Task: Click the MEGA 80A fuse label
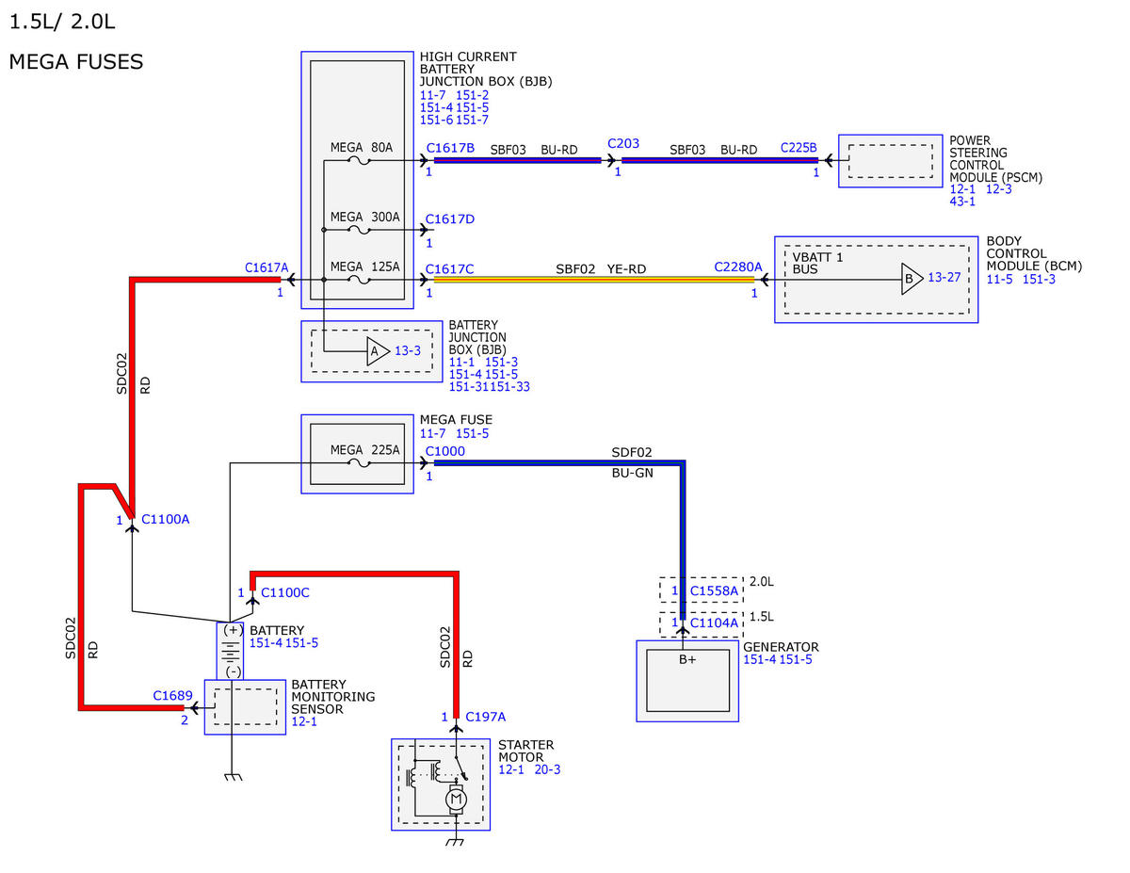pyautogui.click(x=362, y=148)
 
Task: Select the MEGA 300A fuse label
pyautogui.click(x=365, y=217)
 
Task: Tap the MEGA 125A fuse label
pyautogui.click(x=365, y=267)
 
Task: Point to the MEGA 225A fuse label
pyautogui.click(x=365, y=450)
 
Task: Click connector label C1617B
pyautogui.click(x=450, y=148)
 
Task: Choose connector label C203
pyautogui.click(x=623, y=143)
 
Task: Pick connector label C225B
pyautogui.click(x=799, y=148)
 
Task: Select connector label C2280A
pyautogui.click(x=738, y=267)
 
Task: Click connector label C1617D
pyautogui.click(x=450, y=219)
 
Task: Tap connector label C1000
pyautogui.click(x=445, y=451)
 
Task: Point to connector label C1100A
pyautogui.click(x=166, y=520)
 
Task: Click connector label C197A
pyautogui.click(x=485, y=717)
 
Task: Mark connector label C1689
pyautogui.click(x=172, y=696)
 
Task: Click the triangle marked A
pyautogui.click(x=377, y=351)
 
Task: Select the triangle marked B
pyautogui.click(x=912, y=279)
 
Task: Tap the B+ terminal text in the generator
pyautogui.click(x=686, y=660)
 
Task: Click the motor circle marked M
pyautogui.click(x=456, y=800)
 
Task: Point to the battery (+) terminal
pyautogui.click(x=233, y=630)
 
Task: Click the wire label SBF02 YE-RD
pyautogui.click(x=601, y=269)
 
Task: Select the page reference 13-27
pyautogui.click(x=944, y=278)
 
